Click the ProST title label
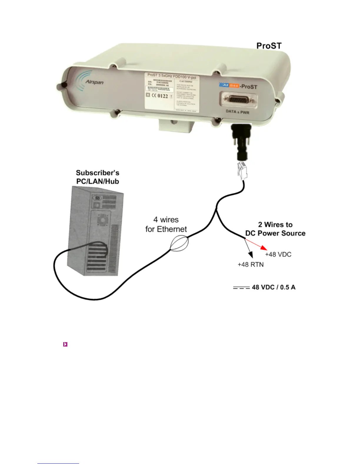pos(269,46)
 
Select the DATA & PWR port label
pos(237,111)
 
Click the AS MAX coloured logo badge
pos(229,85)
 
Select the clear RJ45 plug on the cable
pos(243,171)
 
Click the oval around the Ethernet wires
pos(179,244)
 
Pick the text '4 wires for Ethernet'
pos(166,224)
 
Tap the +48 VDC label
pos(278,254)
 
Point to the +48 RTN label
pos(251,264)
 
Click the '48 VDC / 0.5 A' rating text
pos(274,287)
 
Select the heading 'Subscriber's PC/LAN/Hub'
pos(98,177)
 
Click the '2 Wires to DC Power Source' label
pos(275,229)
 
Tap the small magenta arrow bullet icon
pos(65,344)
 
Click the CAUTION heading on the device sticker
pos(186,81)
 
